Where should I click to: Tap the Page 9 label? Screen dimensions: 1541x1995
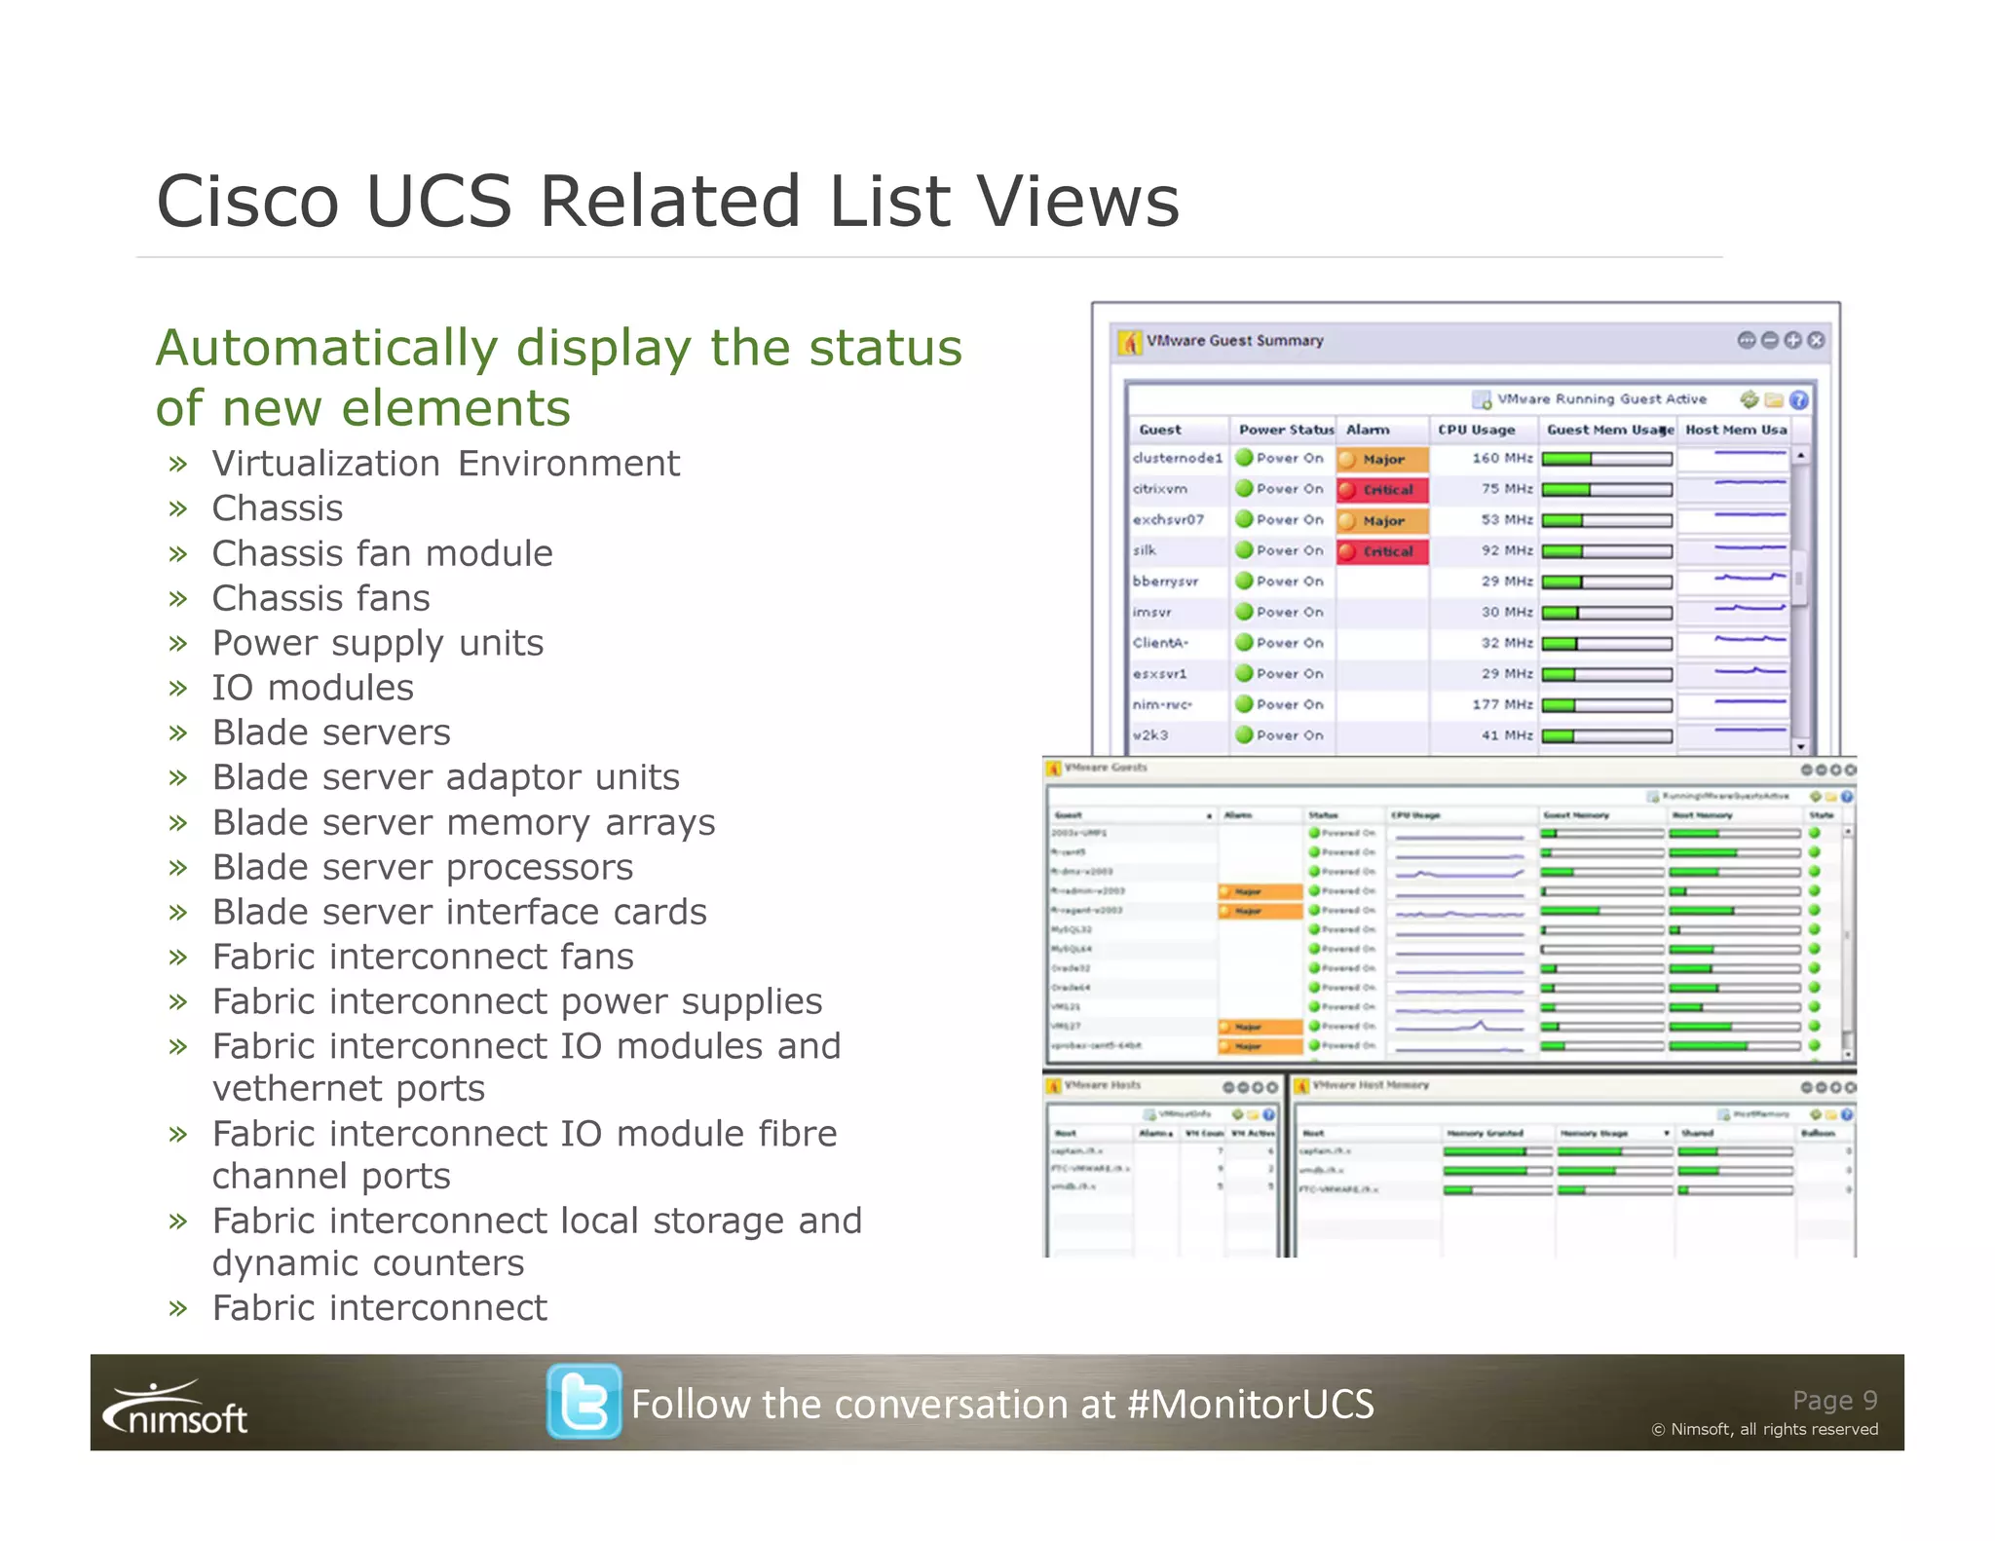coord(1834,1400)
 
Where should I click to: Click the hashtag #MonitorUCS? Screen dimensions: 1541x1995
coord(1250,1404)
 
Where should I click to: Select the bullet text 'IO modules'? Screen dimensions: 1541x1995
coord(313,688)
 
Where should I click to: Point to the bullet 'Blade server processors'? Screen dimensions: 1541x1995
coord(423,867)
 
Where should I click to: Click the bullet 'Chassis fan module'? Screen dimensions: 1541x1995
coord(382,553)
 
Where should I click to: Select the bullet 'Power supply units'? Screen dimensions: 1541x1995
coord(378,643)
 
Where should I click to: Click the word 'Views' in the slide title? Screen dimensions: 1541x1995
coord(1078,202)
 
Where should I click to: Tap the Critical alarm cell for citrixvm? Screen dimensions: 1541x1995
coord(1382,489)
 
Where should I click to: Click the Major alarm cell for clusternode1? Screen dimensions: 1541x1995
coord(1382,459)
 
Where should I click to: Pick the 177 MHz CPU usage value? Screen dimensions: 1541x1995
coord(1501,704)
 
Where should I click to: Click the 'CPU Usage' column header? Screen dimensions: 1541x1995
coord(1476,430)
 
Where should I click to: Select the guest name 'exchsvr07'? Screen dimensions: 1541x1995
coord(1168,520)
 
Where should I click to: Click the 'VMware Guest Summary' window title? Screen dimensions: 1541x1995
coord(1234,341)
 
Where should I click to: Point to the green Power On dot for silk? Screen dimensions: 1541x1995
coord(1244,550)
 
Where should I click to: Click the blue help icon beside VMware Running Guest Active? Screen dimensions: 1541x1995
coord(1799,399)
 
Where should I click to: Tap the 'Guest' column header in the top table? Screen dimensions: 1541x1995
coord(1159,430)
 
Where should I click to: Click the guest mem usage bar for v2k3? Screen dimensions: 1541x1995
coord(1606,736)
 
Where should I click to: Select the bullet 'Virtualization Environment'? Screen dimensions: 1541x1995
coord(445,464)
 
